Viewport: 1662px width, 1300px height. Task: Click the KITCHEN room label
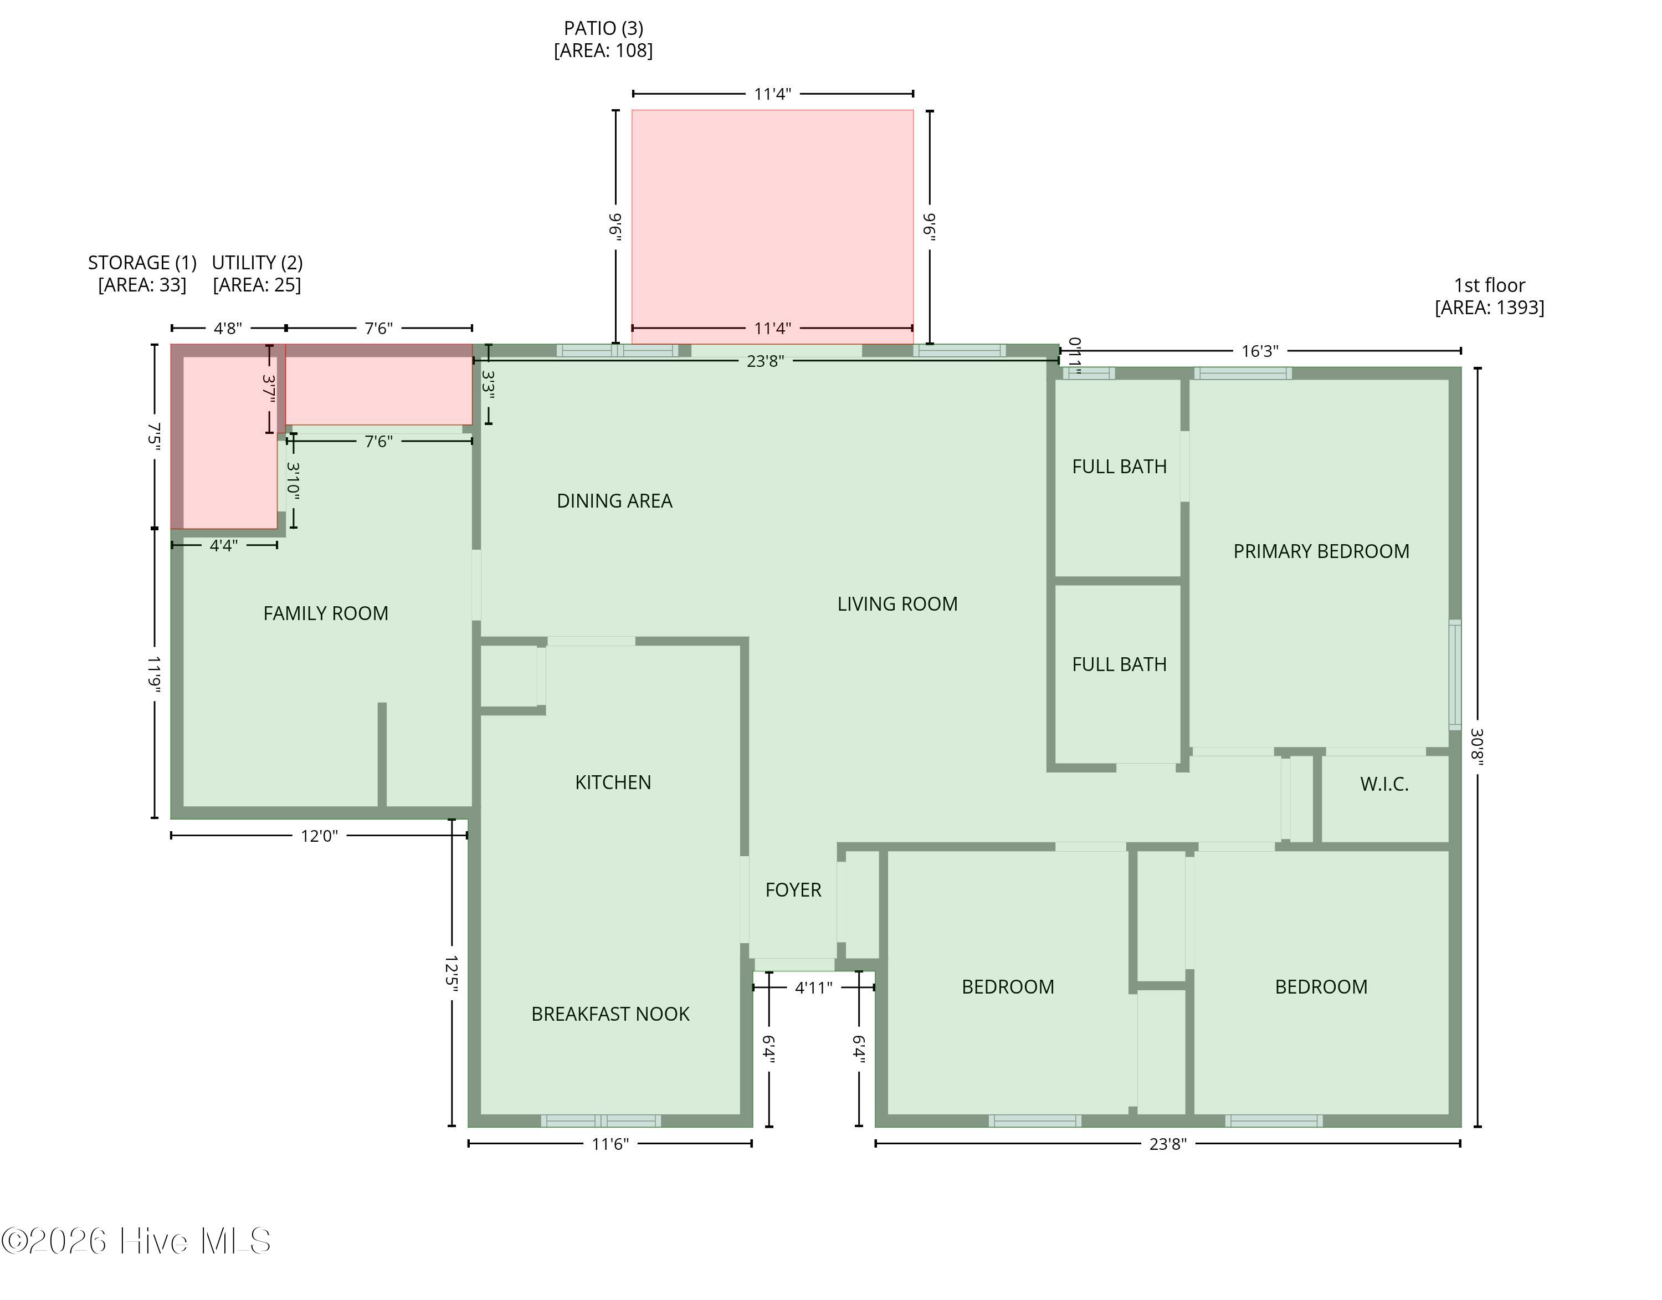[613, 782]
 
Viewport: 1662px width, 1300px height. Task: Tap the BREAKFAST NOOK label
[611, 1014]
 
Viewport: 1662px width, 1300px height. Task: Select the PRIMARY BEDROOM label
[1321, 551]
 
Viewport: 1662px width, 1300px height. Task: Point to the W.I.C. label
[1384, 784]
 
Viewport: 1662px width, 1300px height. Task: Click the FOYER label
[793, 890]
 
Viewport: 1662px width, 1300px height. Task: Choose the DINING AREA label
[614, 501]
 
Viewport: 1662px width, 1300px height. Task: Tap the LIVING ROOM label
[897, 603]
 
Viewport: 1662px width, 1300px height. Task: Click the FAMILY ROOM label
[326, 613]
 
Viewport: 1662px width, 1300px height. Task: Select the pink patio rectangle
[772, 227]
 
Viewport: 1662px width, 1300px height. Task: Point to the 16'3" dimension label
[1260, 351]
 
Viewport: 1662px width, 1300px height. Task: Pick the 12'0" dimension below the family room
[319, 836]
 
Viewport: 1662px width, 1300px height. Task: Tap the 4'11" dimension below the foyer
[813, 987]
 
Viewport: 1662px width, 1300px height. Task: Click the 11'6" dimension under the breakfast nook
[611, 1143]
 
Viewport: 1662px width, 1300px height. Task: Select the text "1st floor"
[1489, 285]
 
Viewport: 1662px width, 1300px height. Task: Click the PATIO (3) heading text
[603, 28]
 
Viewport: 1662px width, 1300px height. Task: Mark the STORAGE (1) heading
[142, 263]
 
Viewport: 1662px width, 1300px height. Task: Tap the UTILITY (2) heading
[257, 263]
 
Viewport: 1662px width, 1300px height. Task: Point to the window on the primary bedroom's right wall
[1455, 674]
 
